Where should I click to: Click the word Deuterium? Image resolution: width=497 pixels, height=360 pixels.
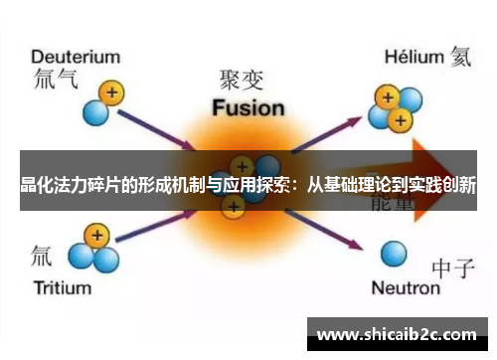pos(77,57)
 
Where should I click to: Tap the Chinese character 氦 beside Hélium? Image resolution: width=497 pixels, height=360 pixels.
pos(463,57)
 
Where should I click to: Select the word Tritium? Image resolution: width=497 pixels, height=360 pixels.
pos(65,288)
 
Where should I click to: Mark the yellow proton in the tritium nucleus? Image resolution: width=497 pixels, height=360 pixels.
pos(95,236)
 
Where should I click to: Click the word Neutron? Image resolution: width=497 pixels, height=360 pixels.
pos(405,288)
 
